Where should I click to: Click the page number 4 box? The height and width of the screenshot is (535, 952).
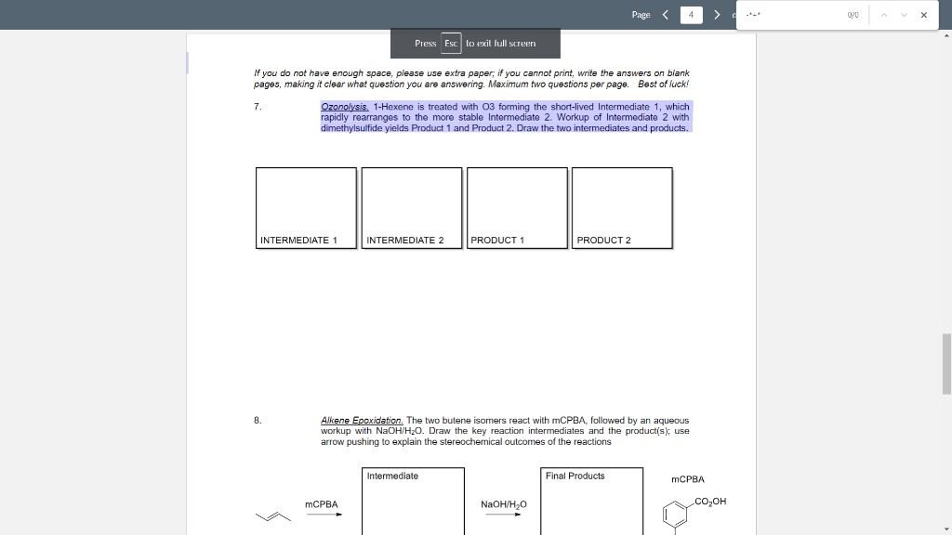pyautogui.click(x=692, y=15)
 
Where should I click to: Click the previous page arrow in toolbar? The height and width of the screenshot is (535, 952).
pyautogui.click(x=666, y=15)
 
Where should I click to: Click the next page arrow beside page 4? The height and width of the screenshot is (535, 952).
pyautogui.click(x=717, y=15)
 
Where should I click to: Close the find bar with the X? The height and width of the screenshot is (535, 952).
pyautogui.click(x=923, y=15)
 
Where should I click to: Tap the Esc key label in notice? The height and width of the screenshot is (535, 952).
pyautogui.click(x=451, y=44)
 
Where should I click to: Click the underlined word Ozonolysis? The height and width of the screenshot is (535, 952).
pyautogui.click(x=345, y=107)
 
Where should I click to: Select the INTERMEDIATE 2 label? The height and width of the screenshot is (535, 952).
pyautogui.click(x=405, y=241)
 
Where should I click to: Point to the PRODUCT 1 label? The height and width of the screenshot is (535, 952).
pyautogui.click(x=497, y=241)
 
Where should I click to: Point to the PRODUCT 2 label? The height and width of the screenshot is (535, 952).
pyautogui.click(x=603, y=241)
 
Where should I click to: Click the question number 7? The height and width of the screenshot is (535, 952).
pyautogui.click(x=257, y=107)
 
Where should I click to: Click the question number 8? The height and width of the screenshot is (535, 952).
pyautogui.click(x=257, y=421)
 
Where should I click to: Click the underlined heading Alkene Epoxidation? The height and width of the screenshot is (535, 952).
pyautogui.click(x=362, y=421)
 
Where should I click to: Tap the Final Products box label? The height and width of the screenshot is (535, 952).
pyautogui.click(x=575, y=476)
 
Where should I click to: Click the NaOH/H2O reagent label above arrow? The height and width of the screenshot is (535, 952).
pyautogui.click(x=504, y=504)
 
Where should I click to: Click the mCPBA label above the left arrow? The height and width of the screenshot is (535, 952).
pyautogui.click(x=321, y=504)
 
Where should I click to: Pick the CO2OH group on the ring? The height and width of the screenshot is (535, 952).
pyautogui.click(x=709, y=502)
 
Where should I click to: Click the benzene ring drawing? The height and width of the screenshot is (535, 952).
pyautogui.click(x=676, y=515)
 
